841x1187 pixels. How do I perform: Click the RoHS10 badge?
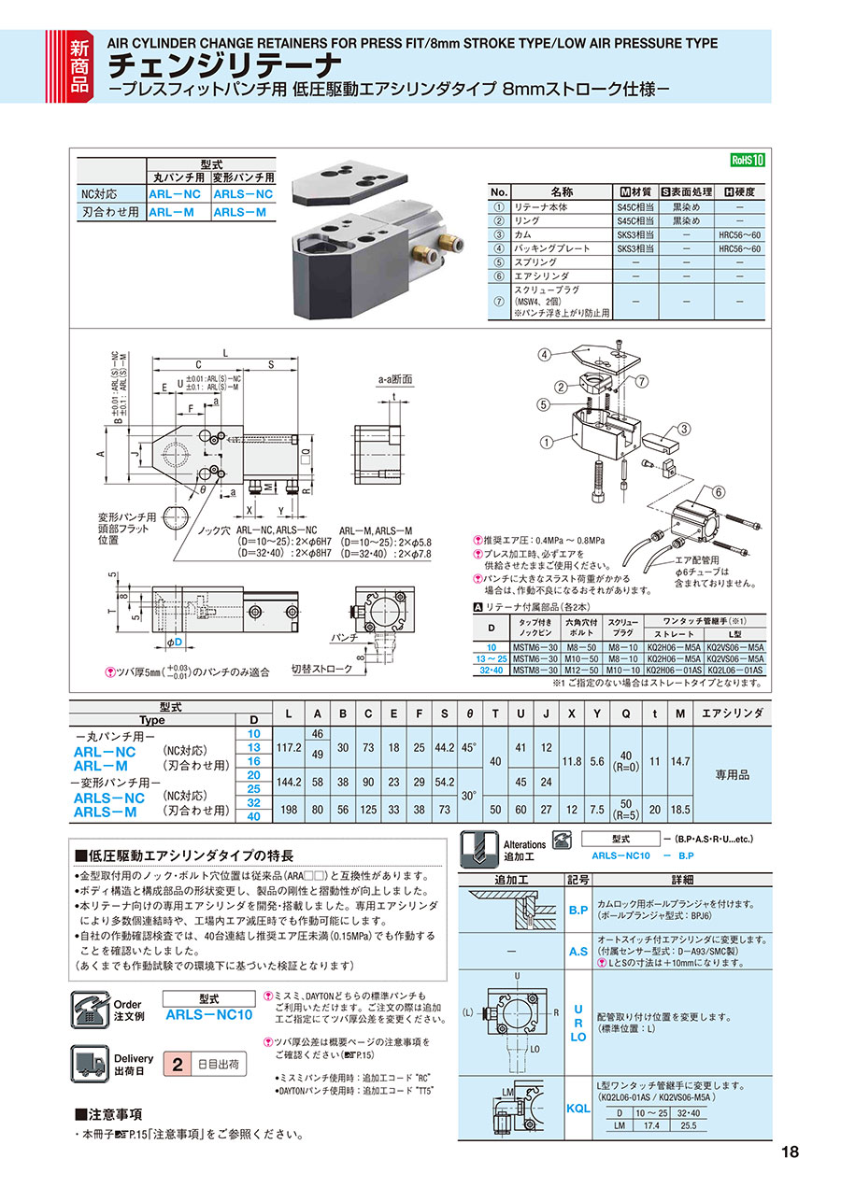(x=748, y=160)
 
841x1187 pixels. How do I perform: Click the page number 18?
(x=790, y=1152)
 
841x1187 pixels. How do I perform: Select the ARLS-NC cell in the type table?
(x=243, y=194)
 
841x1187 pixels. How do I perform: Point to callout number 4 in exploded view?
(x=543, y=354)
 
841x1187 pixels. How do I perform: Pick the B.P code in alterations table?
(x=578, y=909)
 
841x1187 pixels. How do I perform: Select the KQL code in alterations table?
(x=578, y=1109)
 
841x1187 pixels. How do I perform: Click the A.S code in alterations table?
(x=578, y=952)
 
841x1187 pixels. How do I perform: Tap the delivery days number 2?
(x=176, y=1064)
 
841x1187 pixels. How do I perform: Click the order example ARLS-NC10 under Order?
(x=208, y=1014)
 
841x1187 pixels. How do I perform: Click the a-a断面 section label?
(x=394, y=379)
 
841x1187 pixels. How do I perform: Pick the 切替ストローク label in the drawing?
(x=321, y=669)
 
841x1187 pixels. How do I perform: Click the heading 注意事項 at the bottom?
(x=115, y=1114)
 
